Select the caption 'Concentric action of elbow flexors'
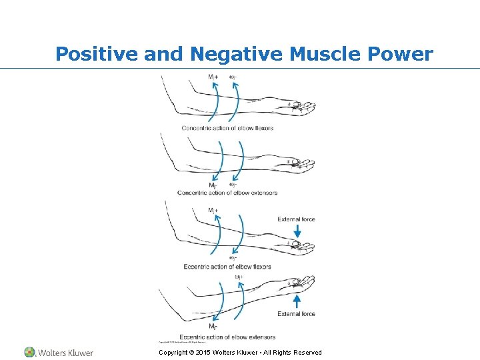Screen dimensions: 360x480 227,128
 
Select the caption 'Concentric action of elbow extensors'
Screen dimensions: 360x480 227,193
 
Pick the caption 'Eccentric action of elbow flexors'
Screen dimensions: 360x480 227,267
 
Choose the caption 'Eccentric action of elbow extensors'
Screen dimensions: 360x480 227,337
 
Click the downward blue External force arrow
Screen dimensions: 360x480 297,230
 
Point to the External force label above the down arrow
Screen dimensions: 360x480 296,219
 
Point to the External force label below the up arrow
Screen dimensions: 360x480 296,314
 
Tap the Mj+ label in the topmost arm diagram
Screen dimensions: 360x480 213,77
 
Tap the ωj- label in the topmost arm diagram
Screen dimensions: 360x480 233,77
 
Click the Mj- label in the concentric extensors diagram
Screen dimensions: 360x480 213,185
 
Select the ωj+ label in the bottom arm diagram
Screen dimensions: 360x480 239,277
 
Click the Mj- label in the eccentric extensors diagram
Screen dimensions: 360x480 213,327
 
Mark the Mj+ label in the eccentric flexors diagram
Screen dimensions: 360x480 213,210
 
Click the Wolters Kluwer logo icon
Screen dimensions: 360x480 30,352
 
